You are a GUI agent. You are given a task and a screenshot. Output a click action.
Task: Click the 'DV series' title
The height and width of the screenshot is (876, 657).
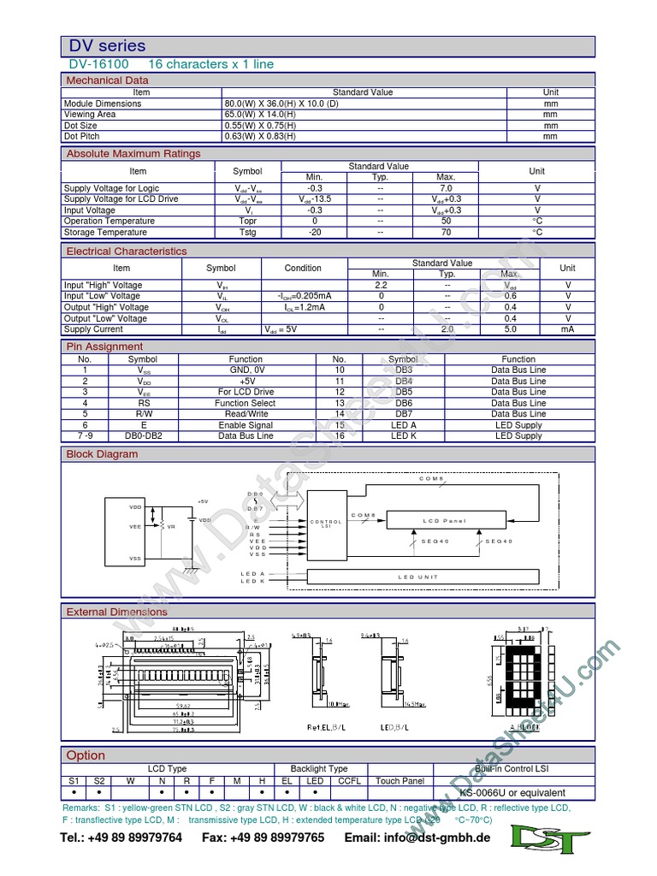[x=108, y=46]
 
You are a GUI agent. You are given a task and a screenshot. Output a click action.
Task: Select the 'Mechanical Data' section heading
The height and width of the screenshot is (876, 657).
[x=108, y=80]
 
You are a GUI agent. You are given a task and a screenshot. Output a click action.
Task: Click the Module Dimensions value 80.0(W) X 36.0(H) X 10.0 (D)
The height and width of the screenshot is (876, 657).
[x=281, y=104]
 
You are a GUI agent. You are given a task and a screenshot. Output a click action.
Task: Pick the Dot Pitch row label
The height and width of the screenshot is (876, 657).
[x=82, y=136]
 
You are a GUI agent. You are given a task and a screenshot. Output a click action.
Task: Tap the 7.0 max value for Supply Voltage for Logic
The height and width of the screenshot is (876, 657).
[x=446, y=188]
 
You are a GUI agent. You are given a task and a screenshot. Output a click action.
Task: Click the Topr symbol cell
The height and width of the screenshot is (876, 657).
[x=247, y=221]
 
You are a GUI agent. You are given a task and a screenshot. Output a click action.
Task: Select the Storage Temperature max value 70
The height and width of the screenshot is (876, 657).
[x=446, y=232]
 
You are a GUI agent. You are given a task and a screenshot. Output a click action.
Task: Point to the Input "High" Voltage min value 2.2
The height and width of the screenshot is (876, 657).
[x=382, y=285]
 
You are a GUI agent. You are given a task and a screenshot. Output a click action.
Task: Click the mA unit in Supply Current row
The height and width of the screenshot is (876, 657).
[x=567, y=329]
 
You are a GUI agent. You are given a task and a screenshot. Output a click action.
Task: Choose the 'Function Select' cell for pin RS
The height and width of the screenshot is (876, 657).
[x=246, y=403]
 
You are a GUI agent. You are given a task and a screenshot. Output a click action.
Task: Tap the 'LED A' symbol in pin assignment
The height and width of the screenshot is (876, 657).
[x=403, y=425]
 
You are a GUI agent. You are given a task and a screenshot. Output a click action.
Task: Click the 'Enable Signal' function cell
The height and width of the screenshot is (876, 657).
[x=246, y=425]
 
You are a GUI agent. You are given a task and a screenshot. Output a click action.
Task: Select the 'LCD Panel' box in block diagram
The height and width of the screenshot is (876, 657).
[x=444, y=520]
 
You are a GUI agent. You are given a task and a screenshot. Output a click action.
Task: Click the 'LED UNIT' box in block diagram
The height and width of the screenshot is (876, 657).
[x=418, y=577]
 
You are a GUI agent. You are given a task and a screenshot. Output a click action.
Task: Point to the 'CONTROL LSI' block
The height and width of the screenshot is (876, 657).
[x=326, y=523]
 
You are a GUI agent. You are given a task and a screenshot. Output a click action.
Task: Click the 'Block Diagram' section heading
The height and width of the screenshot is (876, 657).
[x=102, y=454]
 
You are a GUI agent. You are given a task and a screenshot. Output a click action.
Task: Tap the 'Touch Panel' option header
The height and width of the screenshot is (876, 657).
[x=400, y=781]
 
